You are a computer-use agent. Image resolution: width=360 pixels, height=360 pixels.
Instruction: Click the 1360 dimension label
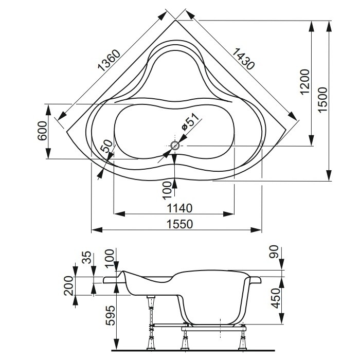[107, 61]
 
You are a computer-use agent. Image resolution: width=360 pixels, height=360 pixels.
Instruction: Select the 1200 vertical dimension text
[305, 81]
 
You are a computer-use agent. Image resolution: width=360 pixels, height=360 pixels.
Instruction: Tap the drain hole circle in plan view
[175, 146]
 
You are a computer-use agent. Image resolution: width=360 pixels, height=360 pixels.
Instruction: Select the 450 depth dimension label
[275, 298]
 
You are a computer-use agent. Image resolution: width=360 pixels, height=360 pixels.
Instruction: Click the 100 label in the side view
[108, 256]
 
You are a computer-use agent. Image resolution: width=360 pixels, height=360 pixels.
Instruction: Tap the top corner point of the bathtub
[176, 20]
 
